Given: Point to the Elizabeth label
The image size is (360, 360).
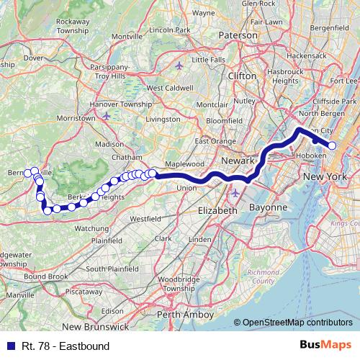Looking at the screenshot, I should pyautogui.click(x=217, y=210).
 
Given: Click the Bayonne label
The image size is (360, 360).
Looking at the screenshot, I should pyautogui.click(x=268, y=207).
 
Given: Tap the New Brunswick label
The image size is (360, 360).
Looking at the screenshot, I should pyautogui.click(x=102, y=328).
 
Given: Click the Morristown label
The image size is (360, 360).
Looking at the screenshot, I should pyautogui.click(x=76, y=117).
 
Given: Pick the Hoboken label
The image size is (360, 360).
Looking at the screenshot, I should pyautogui.click(x=311, y=155).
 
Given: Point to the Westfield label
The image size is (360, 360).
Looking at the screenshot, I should pyautogui.click(x=145, y=217).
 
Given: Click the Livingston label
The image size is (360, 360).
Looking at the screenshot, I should pyautogui.click(x=163, y=119).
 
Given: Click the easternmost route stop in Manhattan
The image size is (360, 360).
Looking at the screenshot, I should pyautogui.click(x=332, y=145).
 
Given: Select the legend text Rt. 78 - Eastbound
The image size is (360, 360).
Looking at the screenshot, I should pyautogui.click(x=65, y=346).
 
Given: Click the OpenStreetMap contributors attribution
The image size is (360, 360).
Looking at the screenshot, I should pyautogui.click(x=298, y=323).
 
